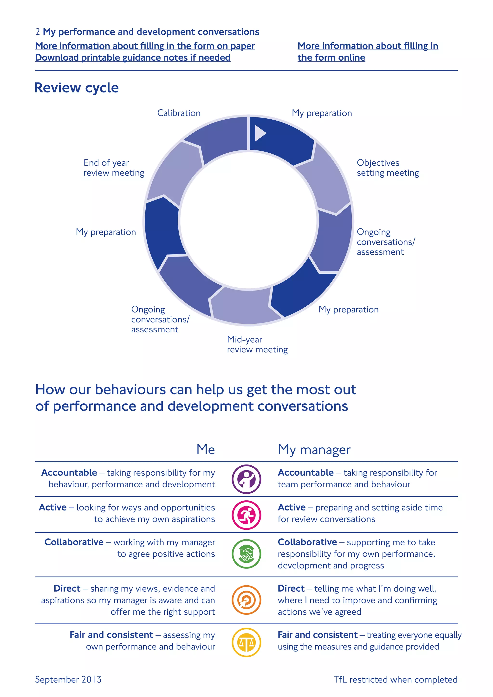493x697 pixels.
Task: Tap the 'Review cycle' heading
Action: point(77,88)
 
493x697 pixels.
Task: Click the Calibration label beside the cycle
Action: point(179,113)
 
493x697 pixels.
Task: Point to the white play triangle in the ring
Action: point(260,133)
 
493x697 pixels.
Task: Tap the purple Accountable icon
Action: point(246,479)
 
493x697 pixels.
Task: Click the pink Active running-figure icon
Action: point(246,515)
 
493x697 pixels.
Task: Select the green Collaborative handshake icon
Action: point(246,554)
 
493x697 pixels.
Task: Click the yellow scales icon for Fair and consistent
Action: point(246,642)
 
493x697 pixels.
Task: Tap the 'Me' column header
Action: point(206,449)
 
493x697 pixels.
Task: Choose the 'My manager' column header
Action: point(314,450)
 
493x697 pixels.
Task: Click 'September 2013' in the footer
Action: point(68,679)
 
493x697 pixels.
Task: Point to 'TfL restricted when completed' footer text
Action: point(396,679)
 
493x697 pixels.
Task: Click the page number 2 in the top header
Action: point(38,32)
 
